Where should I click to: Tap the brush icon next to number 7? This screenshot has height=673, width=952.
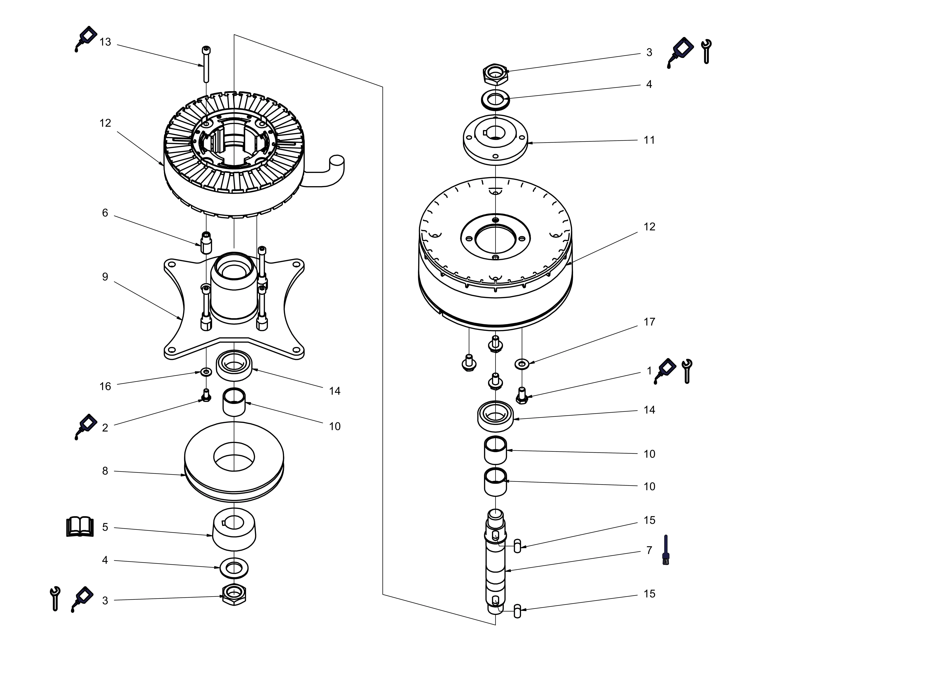point(666,550)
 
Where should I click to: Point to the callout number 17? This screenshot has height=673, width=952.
point(649,322)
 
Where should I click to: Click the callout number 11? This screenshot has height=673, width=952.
point(649,140)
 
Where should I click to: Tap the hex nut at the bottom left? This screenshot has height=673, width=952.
point(234,595)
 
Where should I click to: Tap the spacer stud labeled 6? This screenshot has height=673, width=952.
point(206,243)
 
